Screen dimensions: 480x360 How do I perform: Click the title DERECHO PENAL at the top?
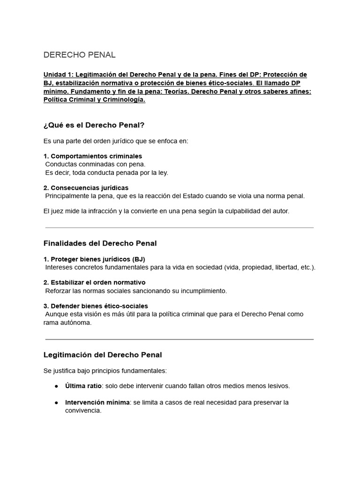(x=79, y=55)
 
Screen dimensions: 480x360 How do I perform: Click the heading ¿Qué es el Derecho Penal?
(x=94, y=125)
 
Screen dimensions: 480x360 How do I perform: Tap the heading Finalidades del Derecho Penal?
(x=100, y=243)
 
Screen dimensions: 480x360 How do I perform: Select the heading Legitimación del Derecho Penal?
(x=102, y=355)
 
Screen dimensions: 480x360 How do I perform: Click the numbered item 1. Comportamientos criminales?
(x=93, y=156)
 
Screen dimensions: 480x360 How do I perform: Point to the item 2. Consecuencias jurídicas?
(x=86, y=188)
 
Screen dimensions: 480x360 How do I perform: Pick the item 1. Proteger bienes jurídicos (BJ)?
(x=97, y=259)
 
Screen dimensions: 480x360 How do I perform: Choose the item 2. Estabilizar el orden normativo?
(x=94, y=283)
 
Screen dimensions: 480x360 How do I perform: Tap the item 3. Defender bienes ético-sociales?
(x=96, y=306)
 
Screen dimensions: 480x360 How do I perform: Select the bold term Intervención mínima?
(x=97, y=403)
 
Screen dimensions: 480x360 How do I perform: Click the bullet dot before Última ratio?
(x=56, y=386)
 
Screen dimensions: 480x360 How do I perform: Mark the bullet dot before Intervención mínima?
(x=56, y=403)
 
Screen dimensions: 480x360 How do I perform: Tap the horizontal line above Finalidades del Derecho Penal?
(x=179, y=228)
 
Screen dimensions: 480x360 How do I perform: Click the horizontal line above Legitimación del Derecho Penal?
(x=179, y=339)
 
